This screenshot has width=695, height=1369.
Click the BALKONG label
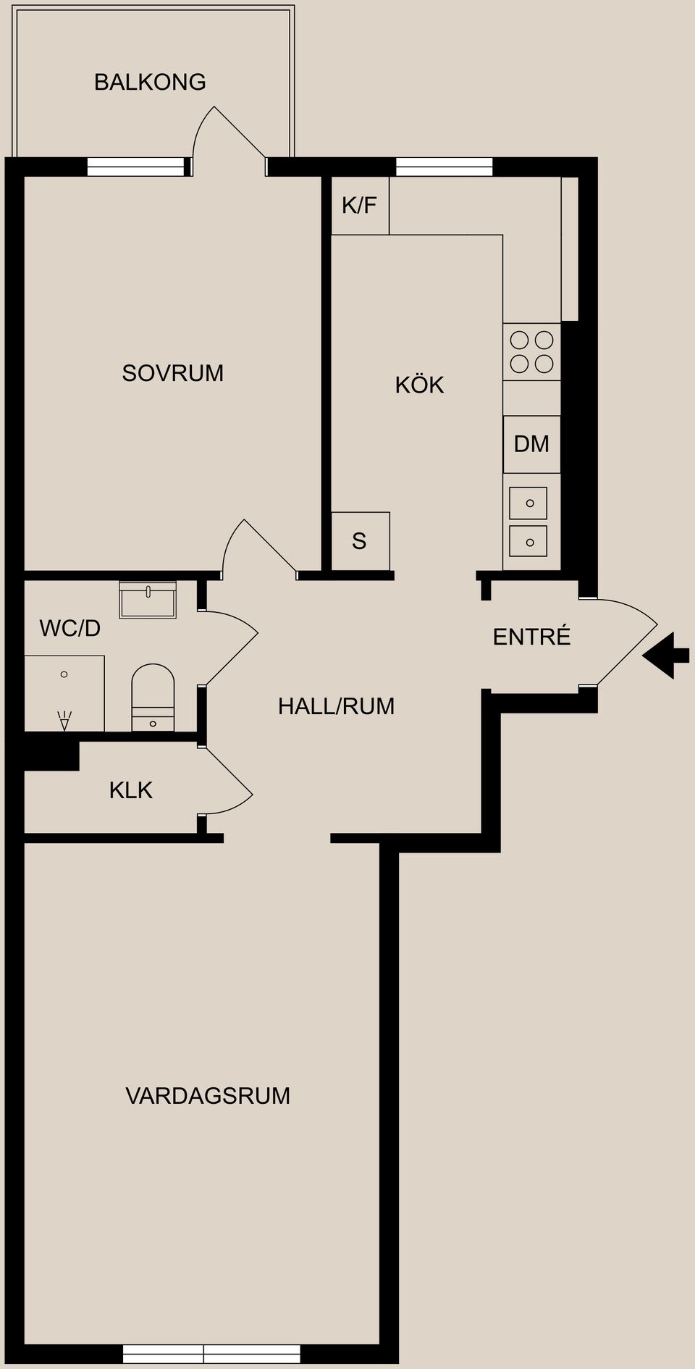coord(150,82)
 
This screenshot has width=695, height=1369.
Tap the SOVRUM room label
coord(172,373)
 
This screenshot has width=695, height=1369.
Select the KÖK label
coord(419,385)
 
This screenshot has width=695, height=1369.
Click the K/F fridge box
coord(360,206)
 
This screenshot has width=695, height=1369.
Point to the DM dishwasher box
coord(531,444)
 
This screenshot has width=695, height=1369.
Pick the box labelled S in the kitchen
coord(360,541)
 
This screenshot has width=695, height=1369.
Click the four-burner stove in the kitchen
coord(531,352)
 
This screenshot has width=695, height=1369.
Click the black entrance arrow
coord(666,655)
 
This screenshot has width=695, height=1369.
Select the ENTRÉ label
coord(531,637)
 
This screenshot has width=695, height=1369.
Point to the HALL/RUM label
coord(336,706)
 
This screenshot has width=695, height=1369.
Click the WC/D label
coord(69,628)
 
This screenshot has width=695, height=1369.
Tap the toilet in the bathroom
coord(153,698)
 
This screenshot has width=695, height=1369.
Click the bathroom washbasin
coord(148,600)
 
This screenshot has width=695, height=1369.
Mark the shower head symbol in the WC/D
coord(64,721)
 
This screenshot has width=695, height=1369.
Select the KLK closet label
coord(130,790)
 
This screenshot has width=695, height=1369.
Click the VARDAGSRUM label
coord(208,1096)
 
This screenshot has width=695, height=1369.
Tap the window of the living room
coord(211,1354)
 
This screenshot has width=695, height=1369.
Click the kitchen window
coord(444,167)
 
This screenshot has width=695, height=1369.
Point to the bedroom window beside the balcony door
coord(135,167)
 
